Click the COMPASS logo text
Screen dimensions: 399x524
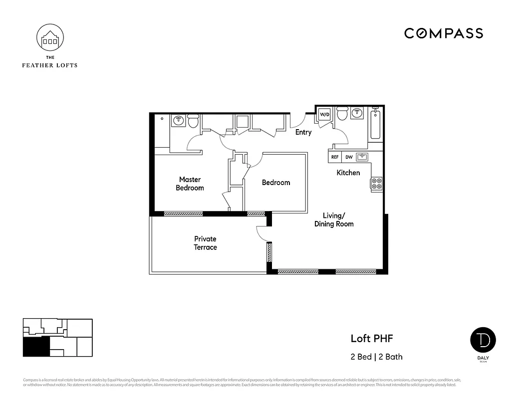(443, 33)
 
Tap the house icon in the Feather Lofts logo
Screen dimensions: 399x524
(50, 39)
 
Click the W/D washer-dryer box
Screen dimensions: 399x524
(325, 114)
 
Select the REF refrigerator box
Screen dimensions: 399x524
(335, 157)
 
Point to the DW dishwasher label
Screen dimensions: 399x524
(349, 157)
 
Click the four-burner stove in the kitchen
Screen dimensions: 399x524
(377, 184)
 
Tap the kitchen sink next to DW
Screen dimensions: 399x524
(362, 157)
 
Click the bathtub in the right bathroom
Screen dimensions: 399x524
(375, 125)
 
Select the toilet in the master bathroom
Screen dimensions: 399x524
(193, 121)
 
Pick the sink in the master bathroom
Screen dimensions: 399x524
(178, 120)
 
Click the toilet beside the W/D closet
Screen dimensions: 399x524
(342, 114)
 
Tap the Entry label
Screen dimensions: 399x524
(303, 132)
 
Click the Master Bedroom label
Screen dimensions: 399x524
(190, 184)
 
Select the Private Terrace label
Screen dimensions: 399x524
(205, 243)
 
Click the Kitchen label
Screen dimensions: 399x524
(348, 173)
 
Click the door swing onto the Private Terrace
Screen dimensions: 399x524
(261, 233)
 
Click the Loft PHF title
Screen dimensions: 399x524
(372, 339)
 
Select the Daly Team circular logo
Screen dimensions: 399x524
(483, 340)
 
